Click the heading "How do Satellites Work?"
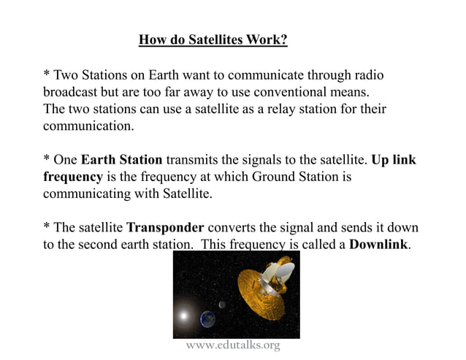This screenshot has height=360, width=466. tap(213, 39)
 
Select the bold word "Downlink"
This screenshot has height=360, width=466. tap(379, 244)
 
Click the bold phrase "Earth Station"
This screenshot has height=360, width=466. tap(122, 159)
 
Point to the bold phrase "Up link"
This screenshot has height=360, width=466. tap(394, 159)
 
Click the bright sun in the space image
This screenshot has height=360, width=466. tap(184, 317)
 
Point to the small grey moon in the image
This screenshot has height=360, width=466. tap(222, 305)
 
